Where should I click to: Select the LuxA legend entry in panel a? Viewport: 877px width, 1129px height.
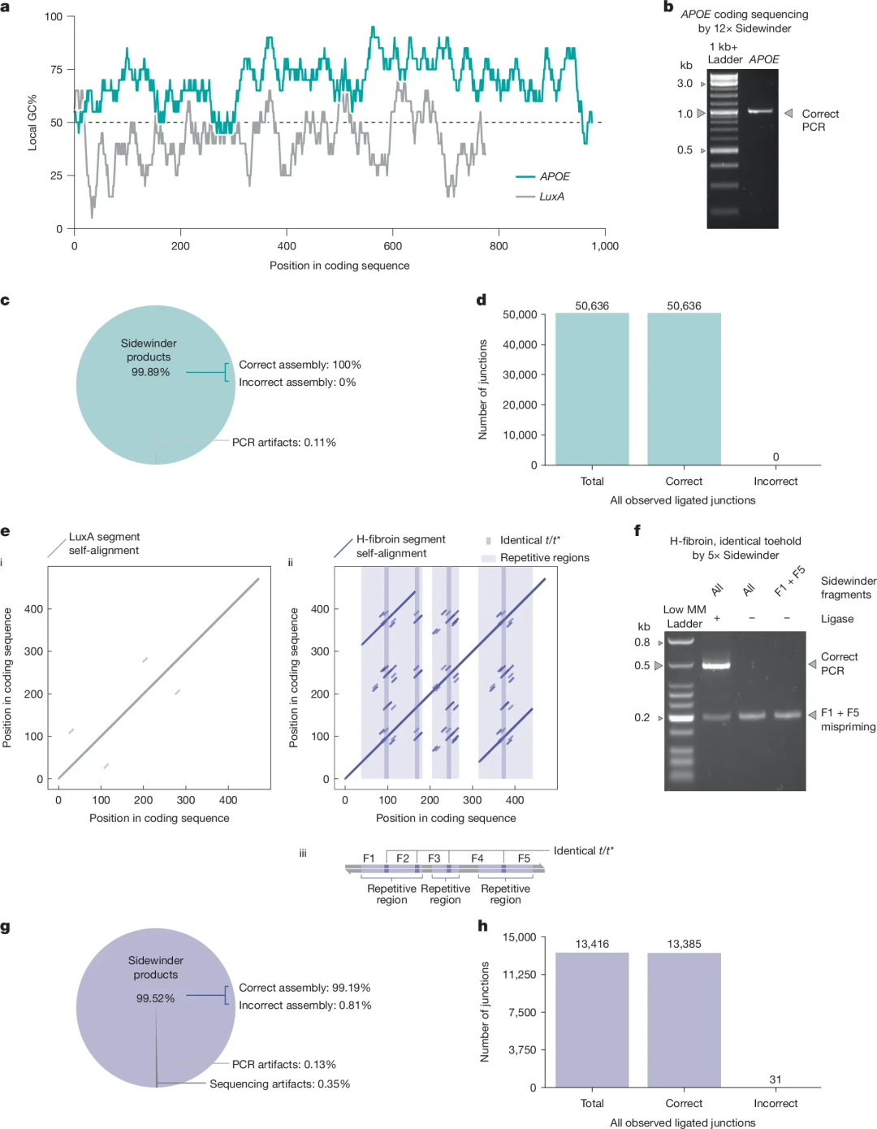point(540,197)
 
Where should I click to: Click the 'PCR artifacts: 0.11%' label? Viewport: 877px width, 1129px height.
point(284,443)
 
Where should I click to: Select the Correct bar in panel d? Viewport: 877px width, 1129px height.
point(684,388)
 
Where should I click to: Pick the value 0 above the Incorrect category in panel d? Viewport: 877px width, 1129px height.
point(775,457)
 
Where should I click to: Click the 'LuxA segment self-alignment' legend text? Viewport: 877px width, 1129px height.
point(104,543)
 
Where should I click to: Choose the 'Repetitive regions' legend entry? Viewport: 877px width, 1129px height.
point(535,558)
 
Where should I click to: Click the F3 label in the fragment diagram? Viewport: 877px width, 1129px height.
point(434,859)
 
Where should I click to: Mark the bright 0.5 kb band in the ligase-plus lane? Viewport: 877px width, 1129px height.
point(716,665)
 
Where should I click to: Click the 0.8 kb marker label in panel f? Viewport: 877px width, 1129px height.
point(642,642)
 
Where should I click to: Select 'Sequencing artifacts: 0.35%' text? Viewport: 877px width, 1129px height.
point(280,1084)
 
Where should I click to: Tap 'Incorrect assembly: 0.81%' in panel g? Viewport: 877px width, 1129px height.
point(305,1006)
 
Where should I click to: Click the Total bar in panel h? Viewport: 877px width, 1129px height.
point(592,1020)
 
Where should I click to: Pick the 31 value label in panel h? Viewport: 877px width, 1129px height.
point(775,1079)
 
